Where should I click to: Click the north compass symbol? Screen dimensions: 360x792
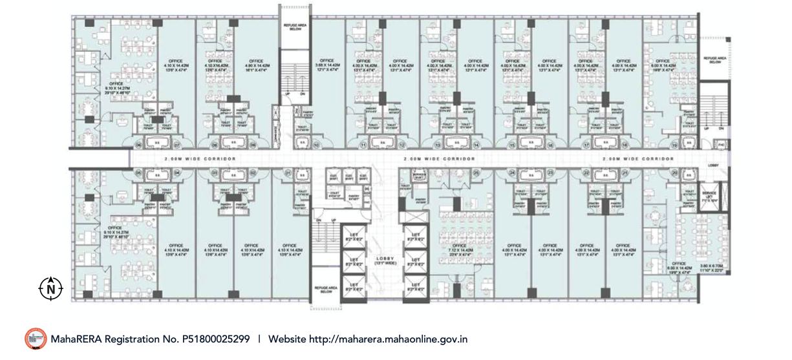click(50, 288)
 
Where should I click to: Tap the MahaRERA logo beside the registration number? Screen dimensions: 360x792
click(36, 339)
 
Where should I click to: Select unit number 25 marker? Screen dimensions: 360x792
click(476, 173)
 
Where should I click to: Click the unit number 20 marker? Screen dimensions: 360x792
click(674, 173)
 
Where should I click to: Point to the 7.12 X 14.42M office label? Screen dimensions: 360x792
click(459, 249)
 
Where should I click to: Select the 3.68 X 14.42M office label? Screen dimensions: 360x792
click(327, 66)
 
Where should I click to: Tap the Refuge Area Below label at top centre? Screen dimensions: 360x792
click(295, 27)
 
